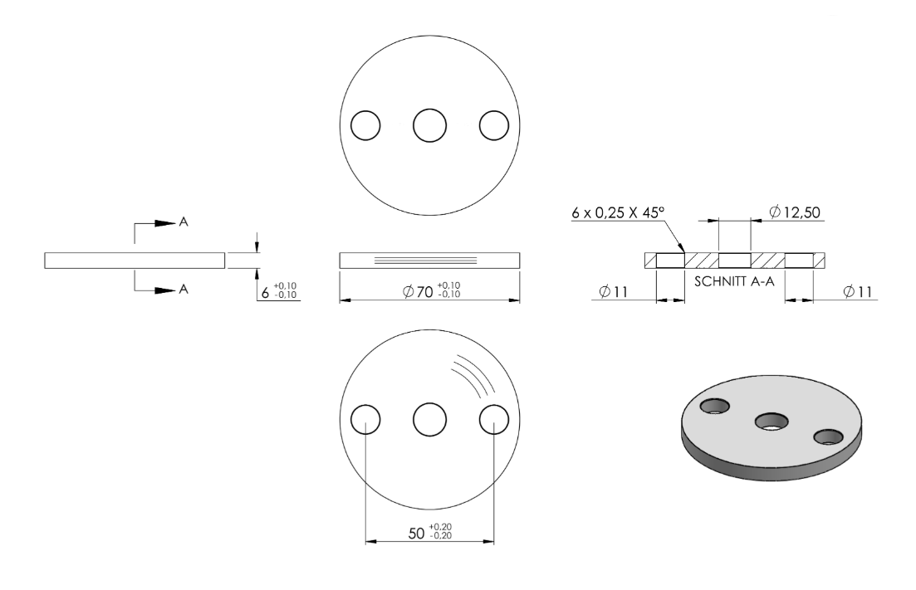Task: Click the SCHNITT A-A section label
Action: click(734, 281)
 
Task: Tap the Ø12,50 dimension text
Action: click(795, 212)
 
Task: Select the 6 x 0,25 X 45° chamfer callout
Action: click(619, 212)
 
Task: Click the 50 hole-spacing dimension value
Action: click(430, 532)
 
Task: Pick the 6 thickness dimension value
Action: click(279, 290)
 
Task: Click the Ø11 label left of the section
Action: click(614, 291)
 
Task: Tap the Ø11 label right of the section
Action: click(858, 291)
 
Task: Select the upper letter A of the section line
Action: click(184, 222)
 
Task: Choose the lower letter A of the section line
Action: click(184, 289)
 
